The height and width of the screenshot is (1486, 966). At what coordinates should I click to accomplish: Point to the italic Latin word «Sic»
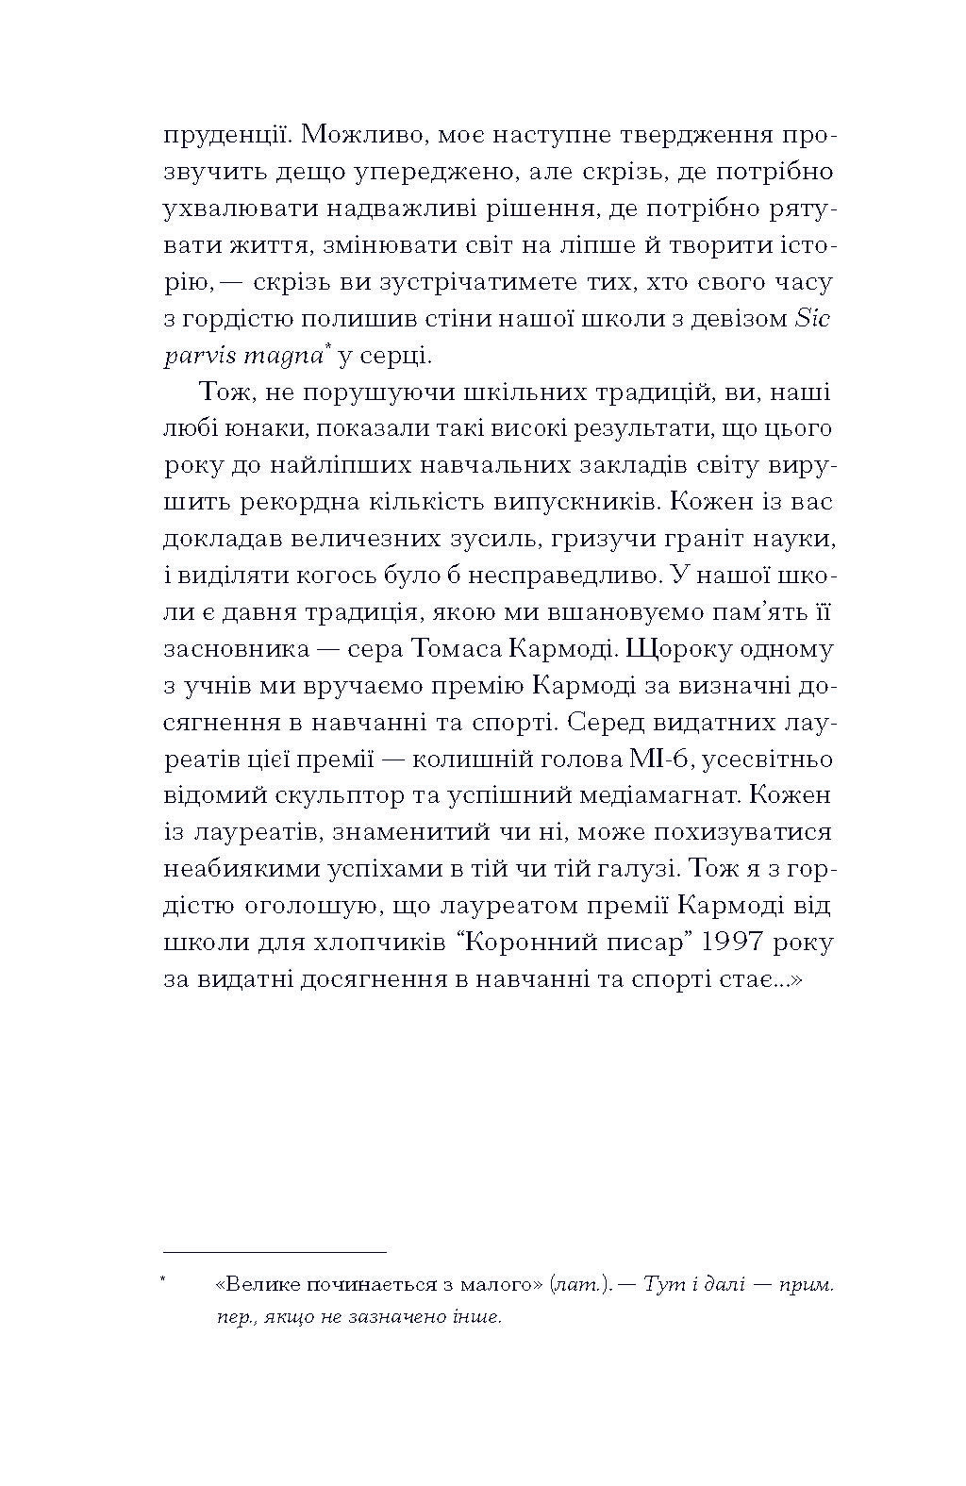pyautogui.click(x=812, y=319)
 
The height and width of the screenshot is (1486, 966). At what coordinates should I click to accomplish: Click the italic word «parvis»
pyautogui.click(x=194, y=356)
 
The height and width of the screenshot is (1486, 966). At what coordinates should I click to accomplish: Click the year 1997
pyautogui.click(x=721, y=943)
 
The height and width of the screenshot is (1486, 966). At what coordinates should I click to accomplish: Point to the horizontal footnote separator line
pyautogui.click(x=275, y=1252)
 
